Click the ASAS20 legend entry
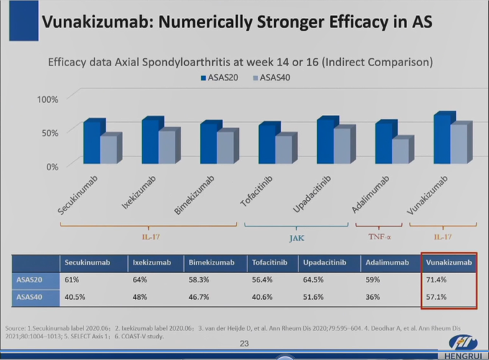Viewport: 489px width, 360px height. [x=219, y=76]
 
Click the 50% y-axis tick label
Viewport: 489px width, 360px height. [x=50, y=132]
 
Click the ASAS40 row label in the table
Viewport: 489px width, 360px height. [x=29, y=296]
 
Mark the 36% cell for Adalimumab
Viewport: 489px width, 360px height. [x=373, y=296]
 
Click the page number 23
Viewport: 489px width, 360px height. [x=244, y=344]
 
